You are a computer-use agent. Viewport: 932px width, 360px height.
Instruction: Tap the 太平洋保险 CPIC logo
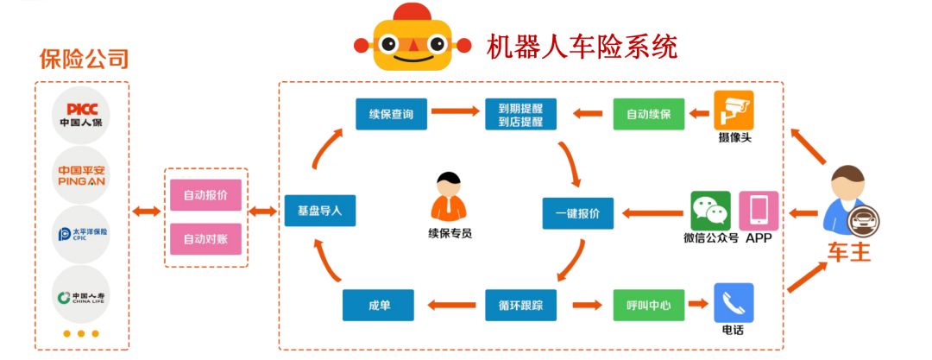point(82,234)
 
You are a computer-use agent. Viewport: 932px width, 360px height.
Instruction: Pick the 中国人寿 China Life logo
point(82,296)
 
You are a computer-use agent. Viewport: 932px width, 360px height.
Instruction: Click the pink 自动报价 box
point(205,195)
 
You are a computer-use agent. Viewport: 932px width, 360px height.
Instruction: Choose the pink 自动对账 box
point(205,238)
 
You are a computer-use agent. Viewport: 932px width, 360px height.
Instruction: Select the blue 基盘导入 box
point(319,211)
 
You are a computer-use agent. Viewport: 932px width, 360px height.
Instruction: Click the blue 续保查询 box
point(391,114)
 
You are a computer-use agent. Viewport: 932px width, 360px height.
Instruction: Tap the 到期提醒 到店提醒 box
point(520,115)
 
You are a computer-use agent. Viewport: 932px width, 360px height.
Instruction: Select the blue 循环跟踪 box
point(520,304)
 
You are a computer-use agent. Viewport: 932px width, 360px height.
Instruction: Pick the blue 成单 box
point(378,304)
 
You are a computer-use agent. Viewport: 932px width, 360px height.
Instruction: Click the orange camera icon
point(734,111)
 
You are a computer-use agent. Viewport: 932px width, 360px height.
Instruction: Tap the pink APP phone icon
point(759,211)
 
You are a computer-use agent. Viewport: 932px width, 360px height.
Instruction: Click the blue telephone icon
point(734,303)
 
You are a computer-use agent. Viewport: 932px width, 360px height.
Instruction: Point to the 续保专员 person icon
point(449,198)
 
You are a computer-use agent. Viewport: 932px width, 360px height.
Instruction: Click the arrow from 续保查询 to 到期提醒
point(455,111)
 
